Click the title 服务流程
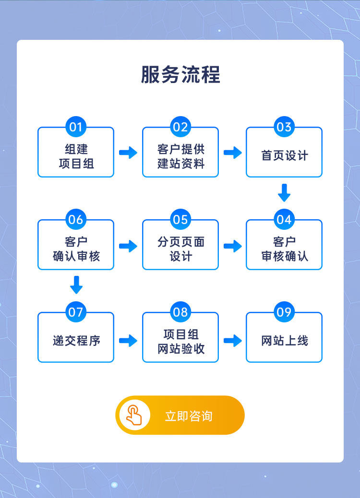click(180, 75)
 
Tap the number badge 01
click(76, 127)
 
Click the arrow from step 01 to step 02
click(128, 153)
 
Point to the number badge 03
click(284, 127)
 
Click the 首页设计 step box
click(284, 155)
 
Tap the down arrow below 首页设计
click(284, 193)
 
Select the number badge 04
click(284, 220)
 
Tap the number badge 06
click(76, 220)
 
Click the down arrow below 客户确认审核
click(76, 285)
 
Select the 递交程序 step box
click(76, 341)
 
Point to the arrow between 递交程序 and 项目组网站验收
click(128, 341)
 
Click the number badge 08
click(180, 312)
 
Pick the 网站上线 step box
click(284, 341)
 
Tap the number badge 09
click(284, 312)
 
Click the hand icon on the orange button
click(134, 415)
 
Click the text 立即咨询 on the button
click(189, 416)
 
